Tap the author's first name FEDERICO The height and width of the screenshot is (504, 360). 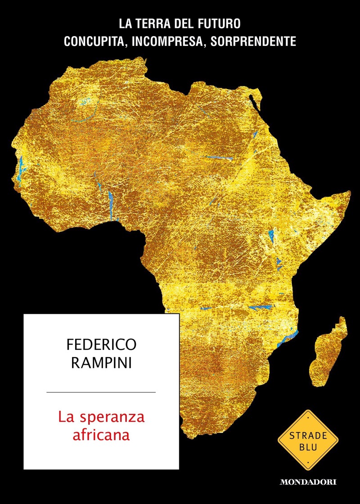[x=101, y=346]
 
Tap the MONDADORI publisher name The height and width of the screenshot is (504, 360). [x=308, y=482]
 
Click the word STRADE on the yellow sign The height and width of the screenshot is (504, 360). [x=308, y=436]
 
